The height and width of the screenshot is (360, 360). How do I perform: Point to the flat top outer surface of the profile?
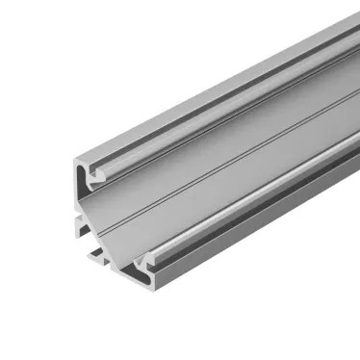point(193,96)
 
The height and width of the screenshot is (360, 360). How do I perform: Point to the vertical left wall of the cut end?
point(75,193)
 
